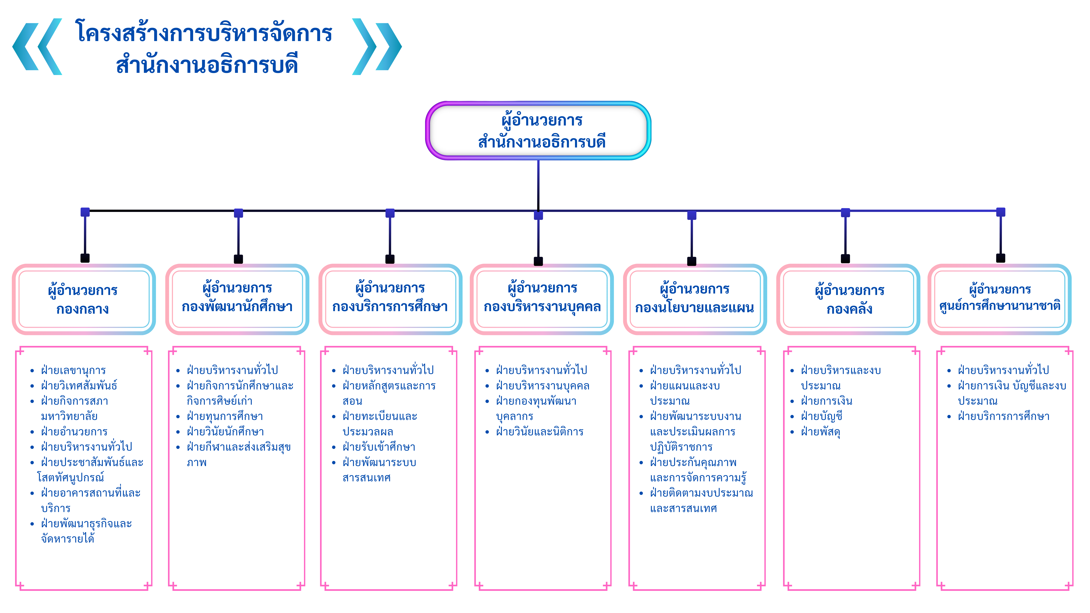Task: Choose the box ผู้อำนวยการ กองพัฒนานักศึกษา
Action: click(x=237, y=298)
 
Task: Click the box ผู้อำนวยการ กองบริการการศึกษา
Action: click(x=390, y=298)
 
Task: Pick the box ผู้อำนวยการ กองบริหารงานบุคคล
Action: click(x=542, y=298)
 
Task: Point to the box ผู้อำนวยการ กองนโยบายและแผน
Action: click(x=694, y=299)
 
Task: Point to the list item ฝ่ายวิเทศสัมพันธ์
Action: click(x=79, y=385)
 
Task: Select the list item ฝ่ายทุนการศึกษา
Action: click(x=225, y=416)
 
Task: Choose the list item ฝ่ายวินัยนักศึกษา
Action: click(x=225, y=432)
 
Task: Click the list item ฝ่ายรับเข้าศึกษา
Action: click(x=379, y=447)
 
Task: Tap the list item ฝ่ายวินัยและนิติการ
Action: click(x=540, y=432)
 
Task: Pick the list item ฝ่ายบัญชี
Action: click(x=821, y=416)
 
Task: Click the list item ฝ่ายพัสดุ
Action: click(x=820, y=432)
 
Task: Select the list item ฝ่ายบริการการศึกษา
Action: click(x=1003, y=416)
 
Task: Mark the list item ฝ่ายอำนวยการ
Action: click(x=74, y=432)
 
